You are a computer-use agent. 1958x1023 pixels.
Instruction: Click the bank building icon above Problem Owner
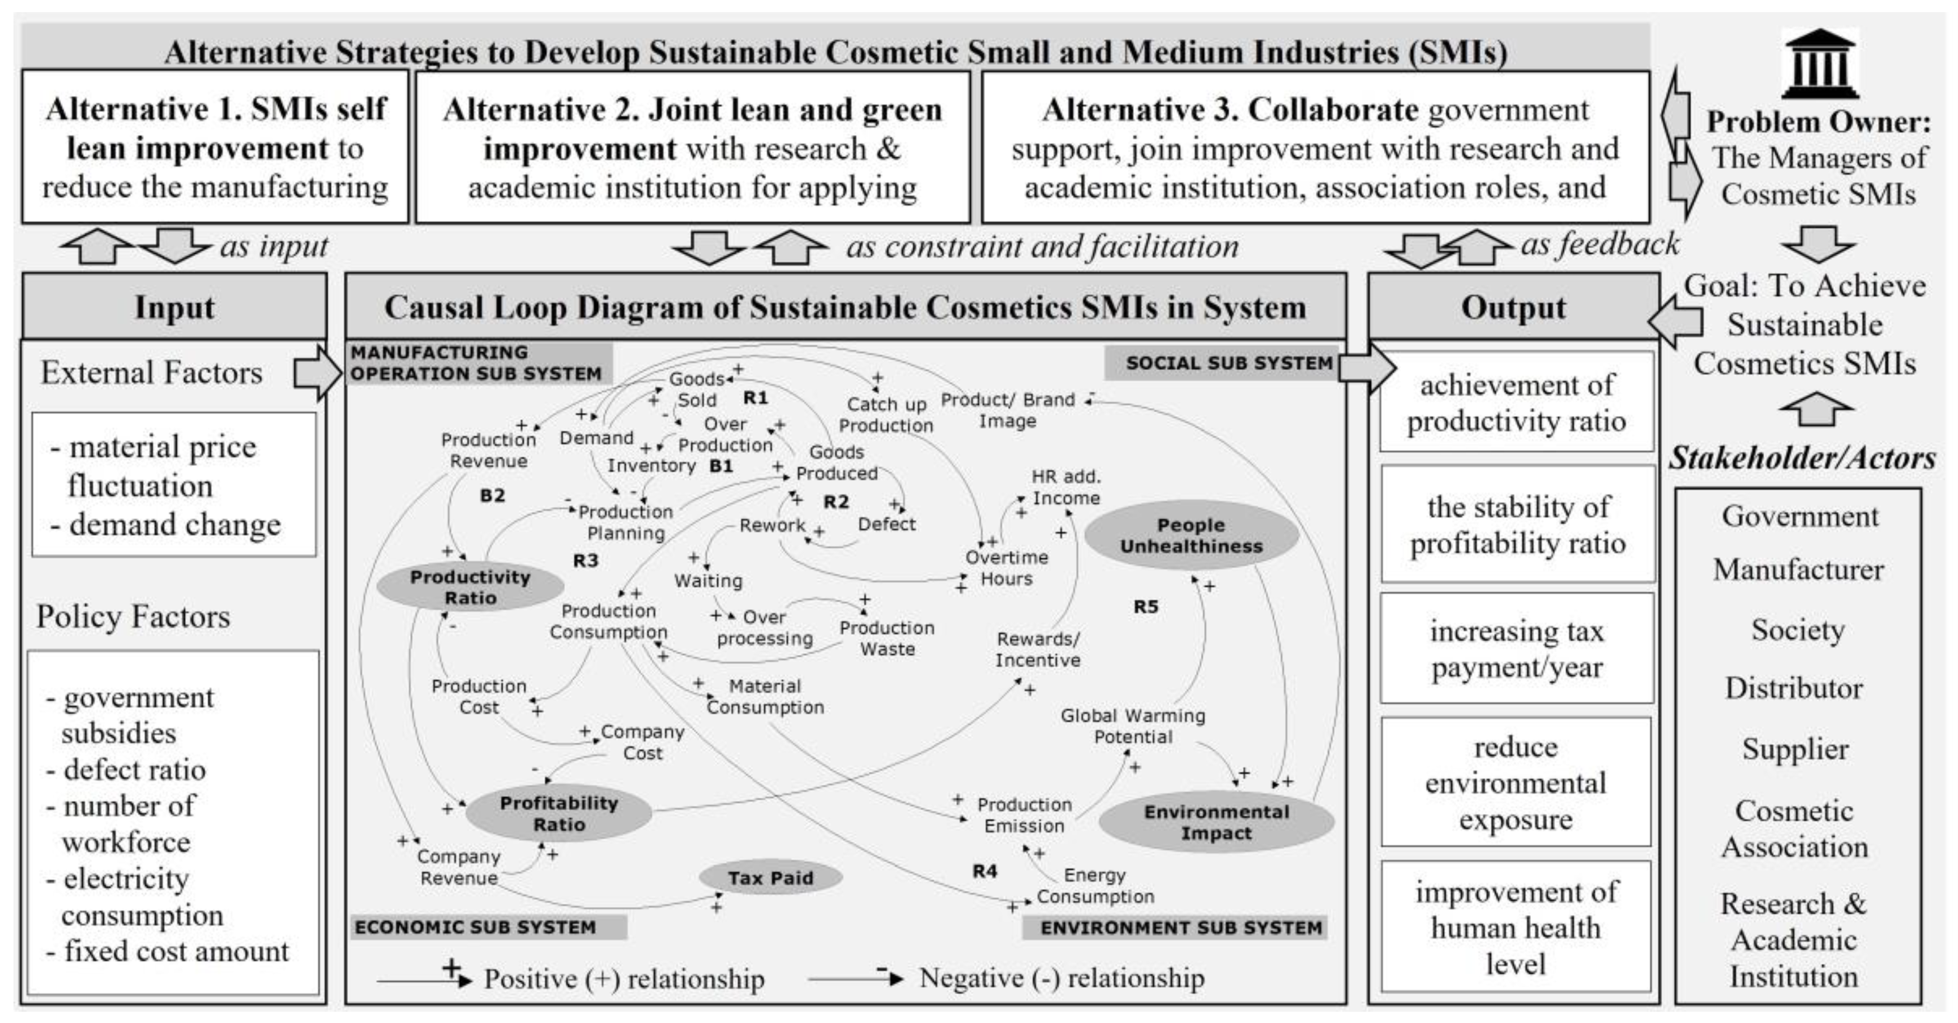point(1819,65)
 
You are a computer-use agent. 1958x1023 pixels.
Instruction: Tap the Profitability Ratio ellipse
point(559,813)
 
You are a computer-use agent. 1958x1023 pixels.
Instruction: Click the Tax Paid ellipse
point(770,878)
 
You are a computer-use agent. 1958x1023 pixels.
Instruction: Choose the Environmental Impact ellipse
point(1216,822)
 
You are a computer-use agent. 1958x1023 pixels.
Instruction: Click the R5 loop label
point(1146,607)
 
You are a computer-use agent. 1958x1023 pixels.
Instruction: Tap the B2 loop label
point(493,496)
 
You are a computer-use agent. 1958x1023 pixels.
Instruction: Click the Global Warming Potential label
point(1133,726)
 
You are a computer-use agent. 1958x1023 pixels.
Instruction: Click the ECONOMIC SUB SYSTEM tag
point(476,927)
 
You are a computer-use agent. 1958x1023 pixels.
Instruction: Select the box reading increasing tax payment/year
point(1516,648)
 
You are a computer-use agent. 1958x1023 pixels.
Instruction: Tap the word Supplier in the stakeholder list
point(1795,750)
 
